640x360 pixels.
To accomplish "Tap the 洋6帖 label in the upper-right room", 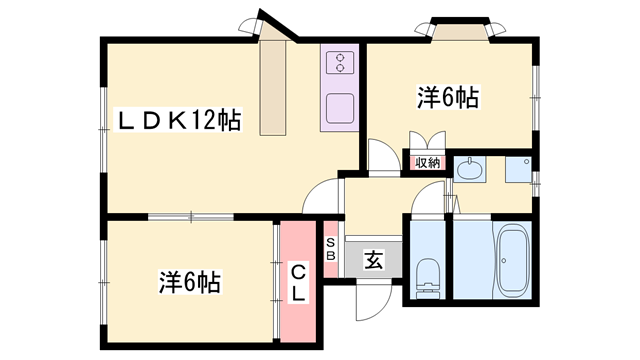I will [x=446, y=98].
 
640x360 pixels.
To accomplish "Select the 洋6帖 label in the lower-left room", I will [x=188, y=282].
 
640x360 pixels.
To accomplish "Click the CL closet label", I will [x=298, y=280].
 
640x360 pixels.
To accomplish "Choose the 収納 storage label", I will [x=427, y=162].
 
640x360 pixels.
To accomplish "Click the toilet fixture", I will [x=427, y=274].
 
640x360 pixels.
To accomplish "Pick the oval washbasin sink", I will [x=469, y=170].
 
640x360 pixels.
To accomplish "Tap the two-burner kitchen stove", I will [x=340, y=63].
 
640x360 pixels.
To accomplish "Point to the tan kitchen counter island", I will [x=274, y=88].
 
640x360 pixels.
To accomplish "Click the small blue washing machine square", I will [x=518, y=171].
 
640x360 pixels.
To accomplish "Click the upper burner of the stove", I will [x=340, y=56].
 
